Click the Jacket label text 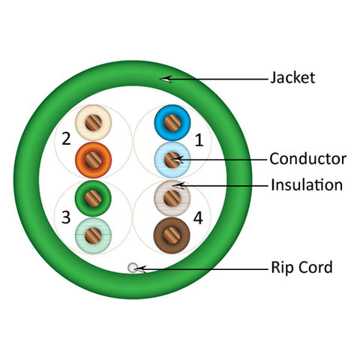(292, 77)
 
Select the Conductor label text (308, 159)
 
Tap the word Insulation (307, 185)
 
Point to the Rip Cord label (301, 267)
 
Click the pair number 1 (199, 139)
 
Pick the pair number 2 (66, 139)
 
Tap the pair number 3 (66, 217)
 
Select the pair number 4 (198, 218)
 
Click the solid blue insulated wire (172, 123)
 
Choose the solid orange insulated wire (93, 160)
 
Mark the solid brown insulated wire (172, 235)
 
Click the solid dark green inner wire (93, 198)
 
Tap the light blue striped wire (172, 160)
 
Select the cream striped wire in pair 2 (93, 122)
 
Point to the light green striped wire (93, 235)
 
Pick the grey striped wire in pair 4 (172, 198)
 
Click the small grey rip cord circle (133, 268)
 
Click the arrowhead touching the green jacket (166, 79)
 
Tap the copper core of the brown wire (172, 235)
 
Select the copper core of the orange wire (93, 160)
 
